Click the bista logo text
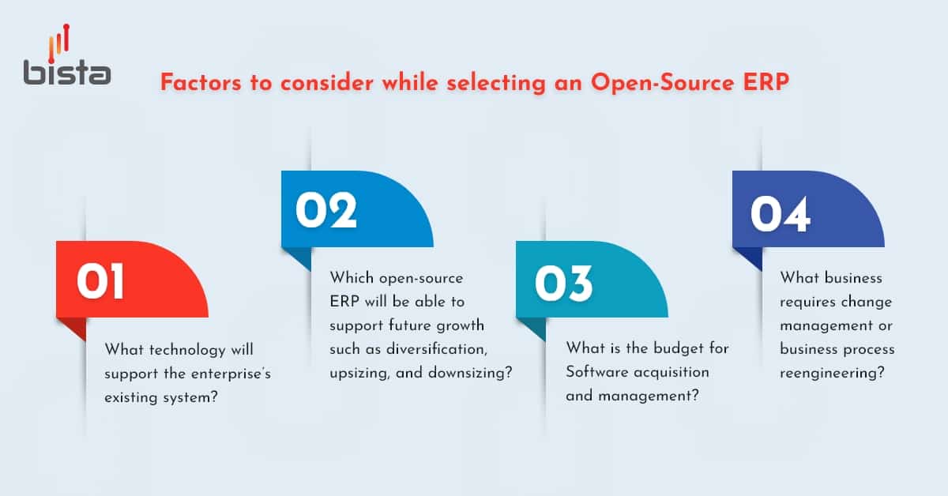click(x=66, y=72)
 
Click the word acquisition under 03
click(x=672, y=372)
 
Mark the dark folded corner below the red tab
click(x=70, y=328)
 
